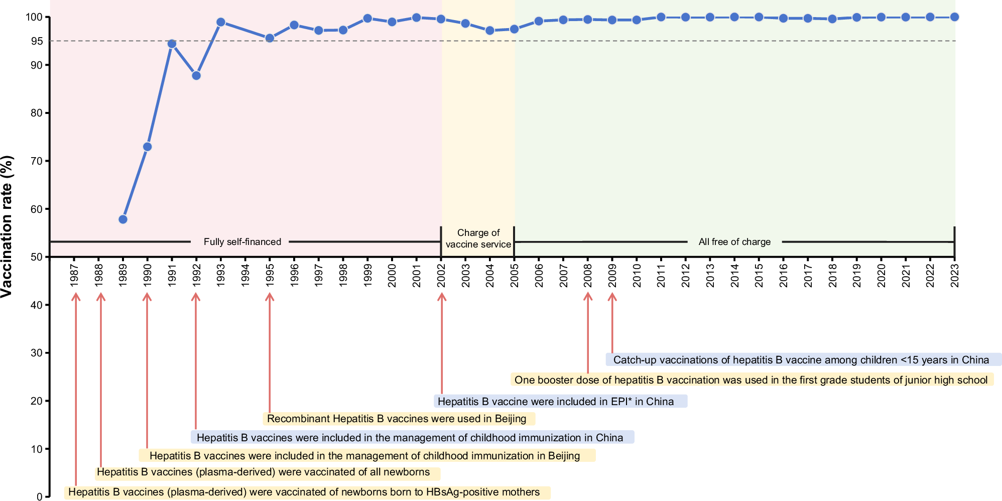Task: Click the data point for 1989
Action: click(123, 219)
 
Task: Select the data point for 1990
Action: click(147, 147)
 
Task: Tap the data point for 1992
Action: click(196, 75)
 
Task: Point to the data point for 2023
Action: click(954, 17)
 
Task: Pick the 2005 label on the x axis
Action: click(515, 275)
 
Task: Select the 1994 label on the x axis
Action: click(245, 275)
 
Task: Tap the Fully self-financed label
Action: click(242, 242)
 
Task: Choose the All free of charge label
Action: click(734, 242)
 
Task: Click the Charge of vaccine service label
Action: click(478, 238)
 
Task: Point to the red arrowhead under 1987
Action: click(76, 296)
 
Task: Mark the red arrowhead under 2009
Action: click(612, 296)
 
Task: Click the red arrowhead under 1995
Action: click(270, 296)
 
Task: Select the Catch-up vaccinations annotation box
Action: click(803, 359)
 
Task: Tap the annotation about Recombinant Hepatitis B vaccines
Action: click(399, 419)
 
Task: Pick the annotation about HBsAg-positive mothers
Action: click(307, 492)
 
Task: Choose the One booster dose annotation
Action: click(751, 380)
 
